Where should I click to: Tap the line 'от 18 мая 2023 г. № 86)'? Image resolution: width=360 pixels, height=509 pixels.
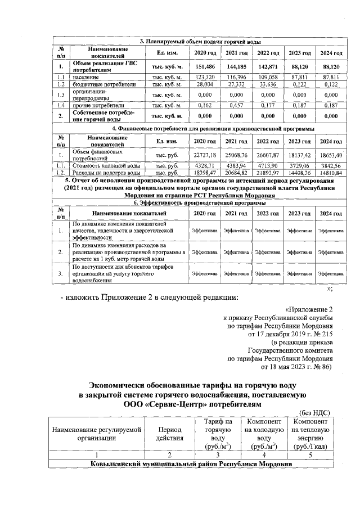(297, 367)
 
